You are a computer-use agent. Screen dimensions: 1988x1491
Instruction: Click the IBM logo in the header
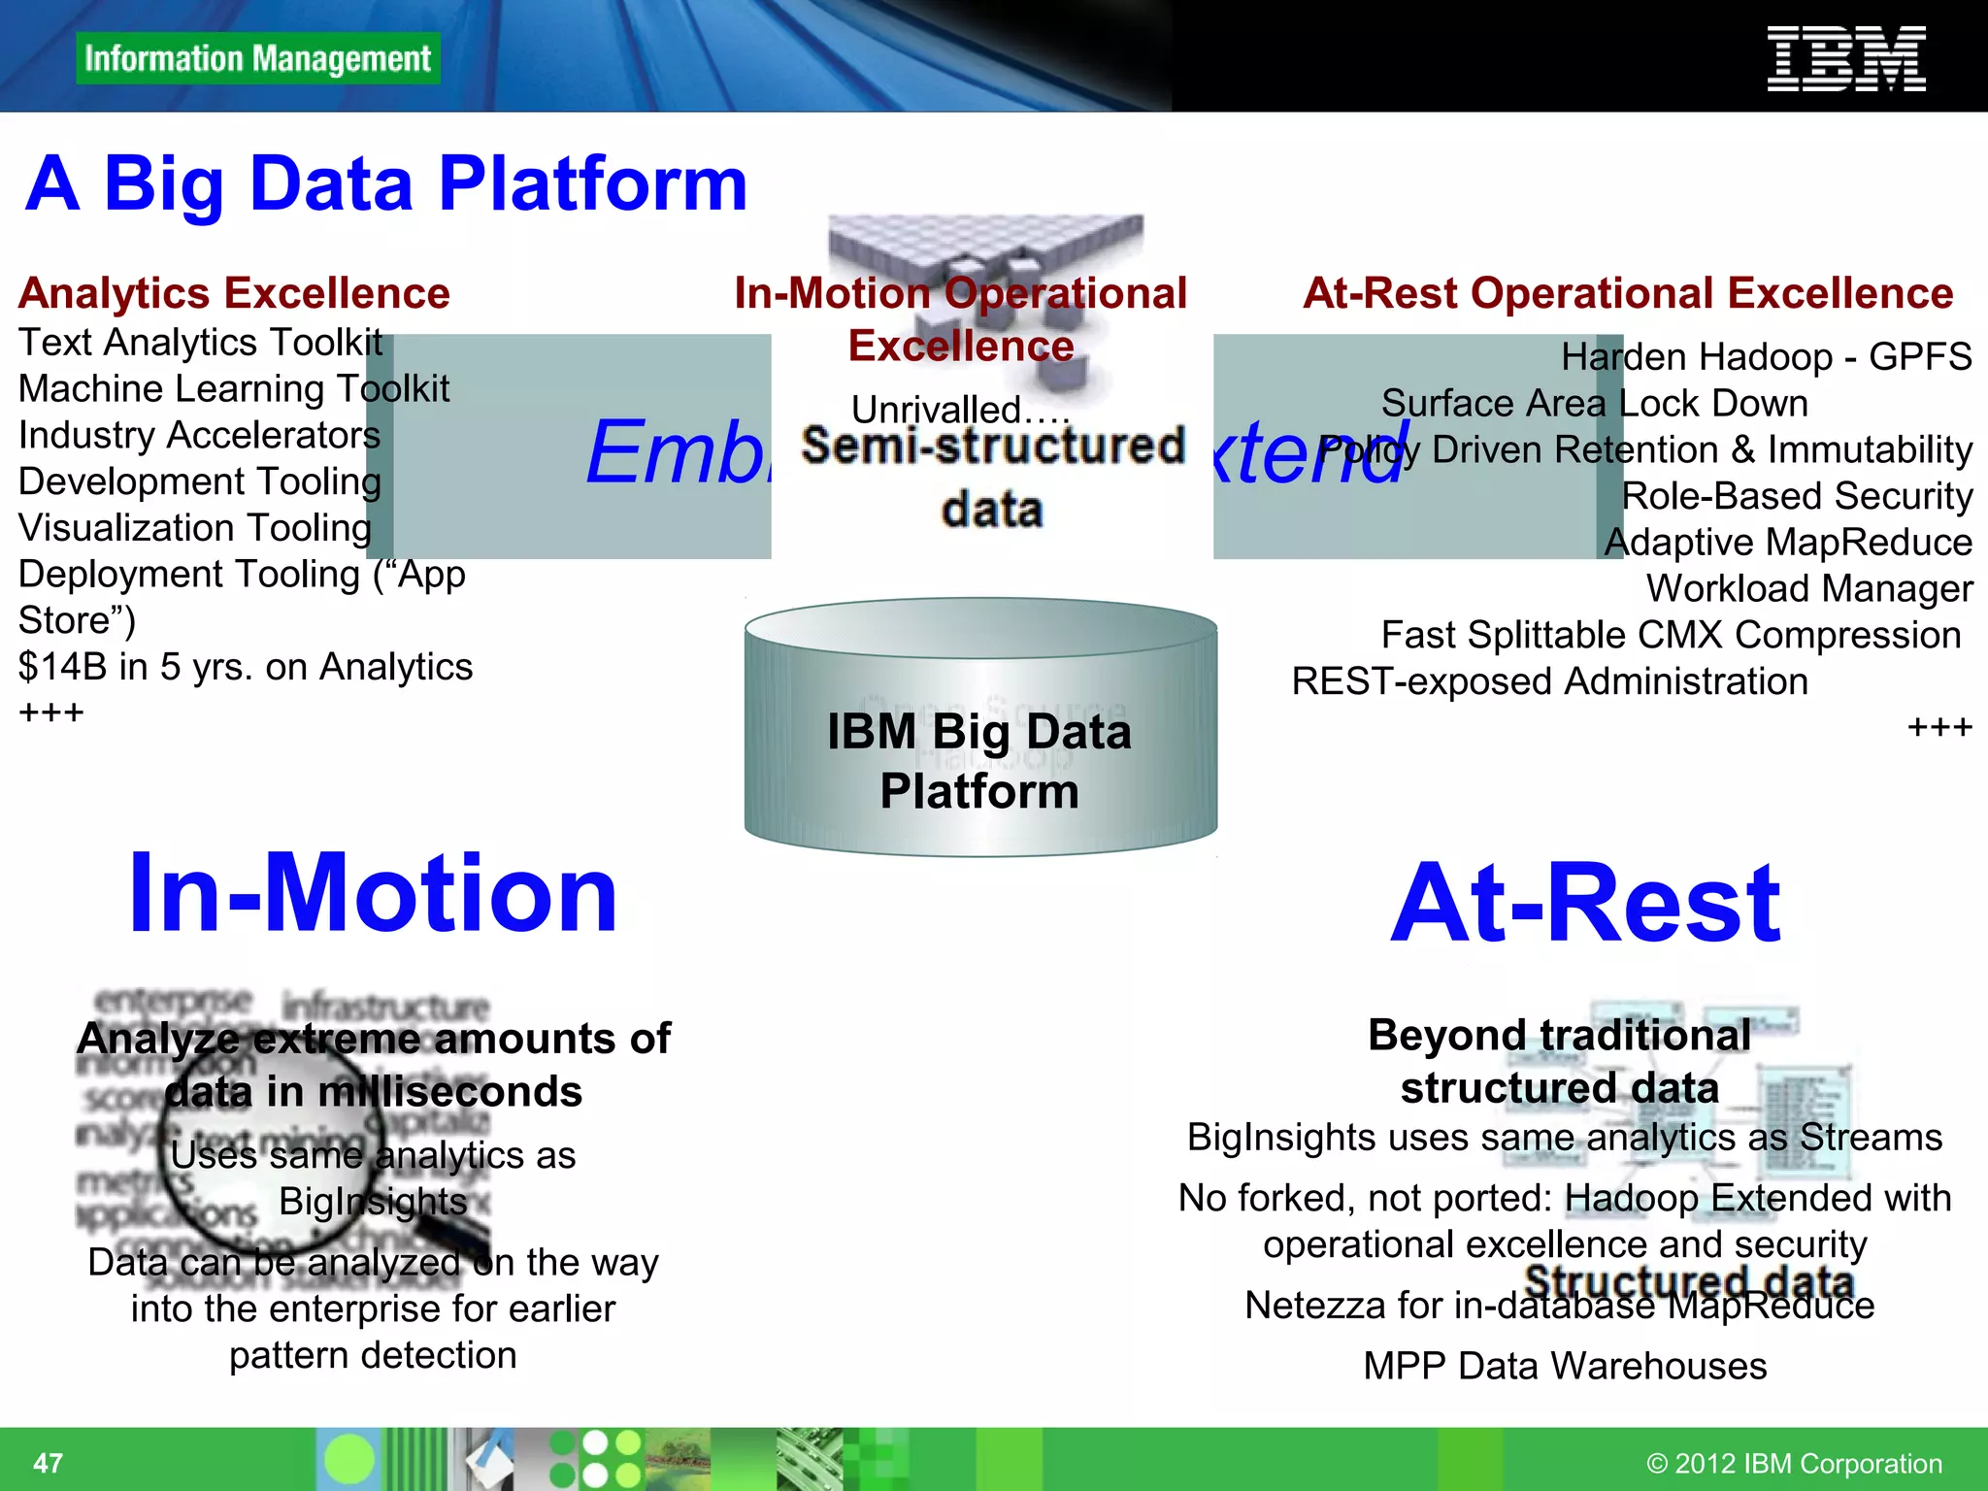(1845, 59)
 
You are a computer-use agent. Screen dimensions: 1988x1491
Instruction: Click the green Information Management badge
(257, 58)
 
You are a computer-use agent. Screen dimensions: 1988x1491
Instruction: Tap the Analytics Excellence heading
(234, 293)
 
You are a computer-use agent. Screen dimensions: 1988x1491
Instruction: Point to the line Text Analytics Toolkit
(200, 343)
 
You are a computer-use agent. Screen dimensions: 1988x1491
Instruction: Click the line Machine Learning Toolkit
(234, 388)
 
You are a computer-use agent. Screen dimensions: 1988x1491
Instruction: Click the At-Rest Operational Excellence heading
(1627, 293)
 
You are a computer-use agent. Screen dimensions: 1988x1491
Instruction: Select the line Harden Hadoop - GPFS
(1766, 357)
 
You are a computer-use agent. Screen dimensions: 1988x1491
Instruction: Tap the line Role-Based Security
(1797, 496)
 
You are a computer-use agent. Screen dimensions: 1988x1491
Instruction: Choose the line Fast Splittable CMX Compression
(1671, 635)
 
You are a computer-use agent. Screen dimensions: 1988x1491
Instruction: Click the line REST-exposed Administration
(1549, 681)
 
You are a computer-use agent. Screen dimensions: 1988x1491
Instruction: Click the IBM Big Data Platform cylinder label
(979, 761)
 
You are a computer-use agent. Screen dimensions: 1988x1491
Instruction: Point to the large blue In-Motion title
(373, 893)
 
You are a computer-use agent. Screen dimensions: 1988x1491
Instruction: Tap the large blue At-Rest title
(1585, 904)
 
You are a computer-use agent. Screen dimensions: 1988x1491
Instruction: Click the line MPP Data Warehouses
(1565, 1366)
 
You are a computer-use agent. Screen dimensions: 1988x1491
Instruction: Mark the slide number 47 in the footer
(48, 1463)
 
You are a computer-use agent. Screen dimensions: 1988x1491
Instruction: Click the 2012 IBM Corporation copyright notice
(1794, 1463)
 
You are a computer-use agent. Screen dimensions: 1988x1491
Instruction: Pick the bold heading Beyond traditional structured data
(1559, 1061)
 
